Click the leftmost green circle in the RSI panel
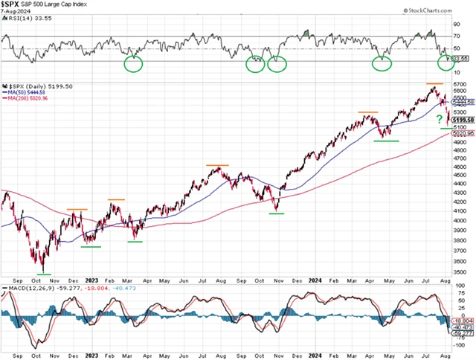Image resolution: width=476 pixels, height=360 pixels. [133, 64]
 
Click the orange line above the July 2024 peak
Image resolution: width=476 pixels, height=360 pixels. [434, 84]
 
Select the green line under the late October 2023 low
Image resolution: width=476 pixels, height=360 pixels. [276, 213]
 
